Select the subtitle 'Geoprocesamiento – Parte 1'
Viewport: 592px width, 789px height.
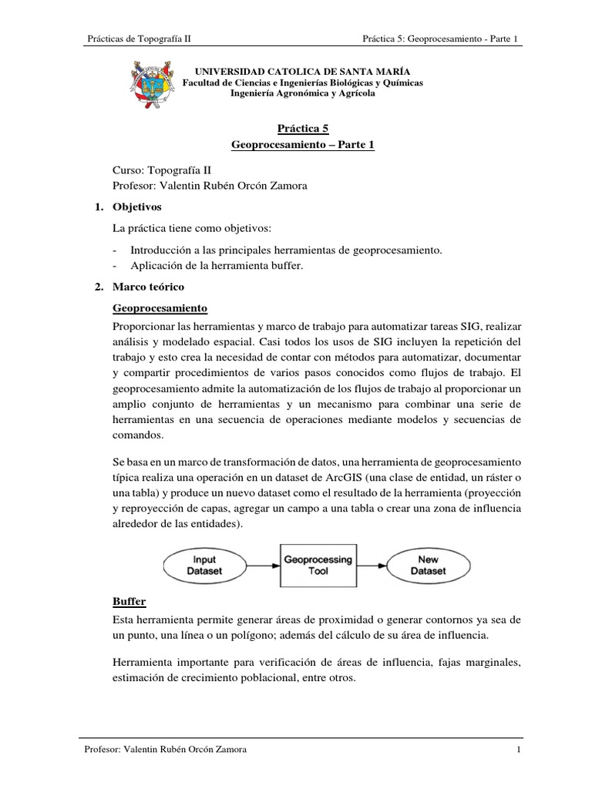[303, 145]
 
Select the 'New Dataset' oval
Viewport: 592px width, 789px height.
[428, 566]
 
